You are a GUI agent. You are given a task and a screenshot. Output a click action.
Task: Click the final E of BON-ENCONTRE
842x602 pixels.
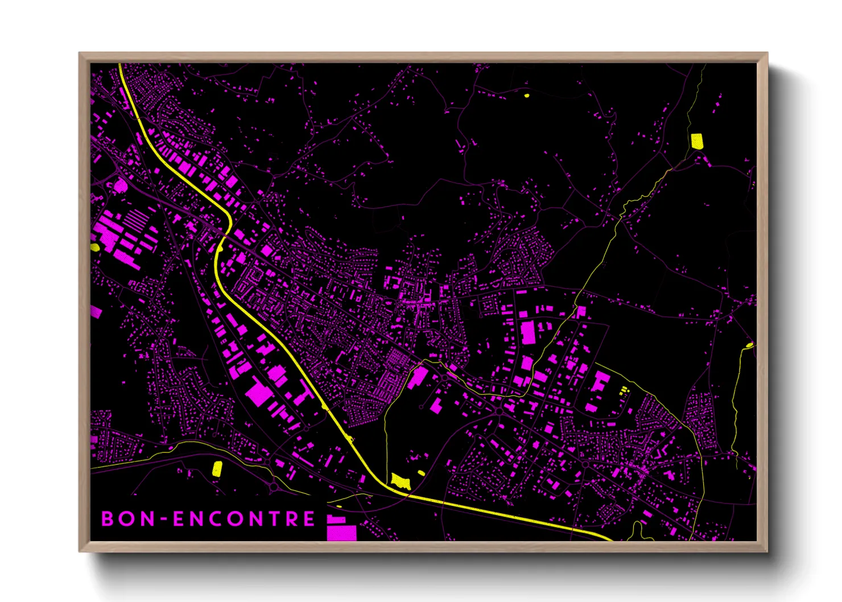(x=309, y=518)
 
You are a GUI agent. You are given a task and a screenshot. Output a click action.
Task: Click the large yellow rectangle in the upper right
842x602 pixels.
(x=696, y=141)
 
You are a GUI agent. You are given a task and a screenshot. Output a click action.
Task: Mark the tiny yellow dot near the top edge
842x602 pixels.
(x=526, y=96)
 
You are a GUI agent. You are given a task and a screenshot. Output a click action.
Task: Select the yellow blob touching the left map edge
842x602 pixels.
(x=94, y=247)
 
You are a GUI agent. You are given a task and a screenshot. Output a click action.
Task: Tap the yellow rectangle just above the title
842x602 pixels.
(x=217, y=468)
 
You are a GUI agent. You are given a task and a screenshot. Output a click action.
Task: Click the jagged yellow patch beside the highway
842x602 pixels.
(x=401, y=481)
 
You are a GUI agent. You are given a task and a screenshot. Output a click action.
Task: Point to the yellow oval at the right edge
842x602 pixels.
(x=749, y=345)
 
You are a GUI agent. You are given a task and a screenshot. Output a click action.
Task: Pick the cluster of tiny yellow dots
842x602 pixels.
(x=624, y=390)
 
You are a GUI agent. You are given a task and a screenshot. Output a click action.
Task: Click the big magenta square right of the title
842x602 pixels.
(x=341, y=533)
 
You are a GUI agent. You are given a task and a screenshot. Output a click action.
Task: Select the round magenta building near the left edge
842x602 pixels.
(x=121, y=185)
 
